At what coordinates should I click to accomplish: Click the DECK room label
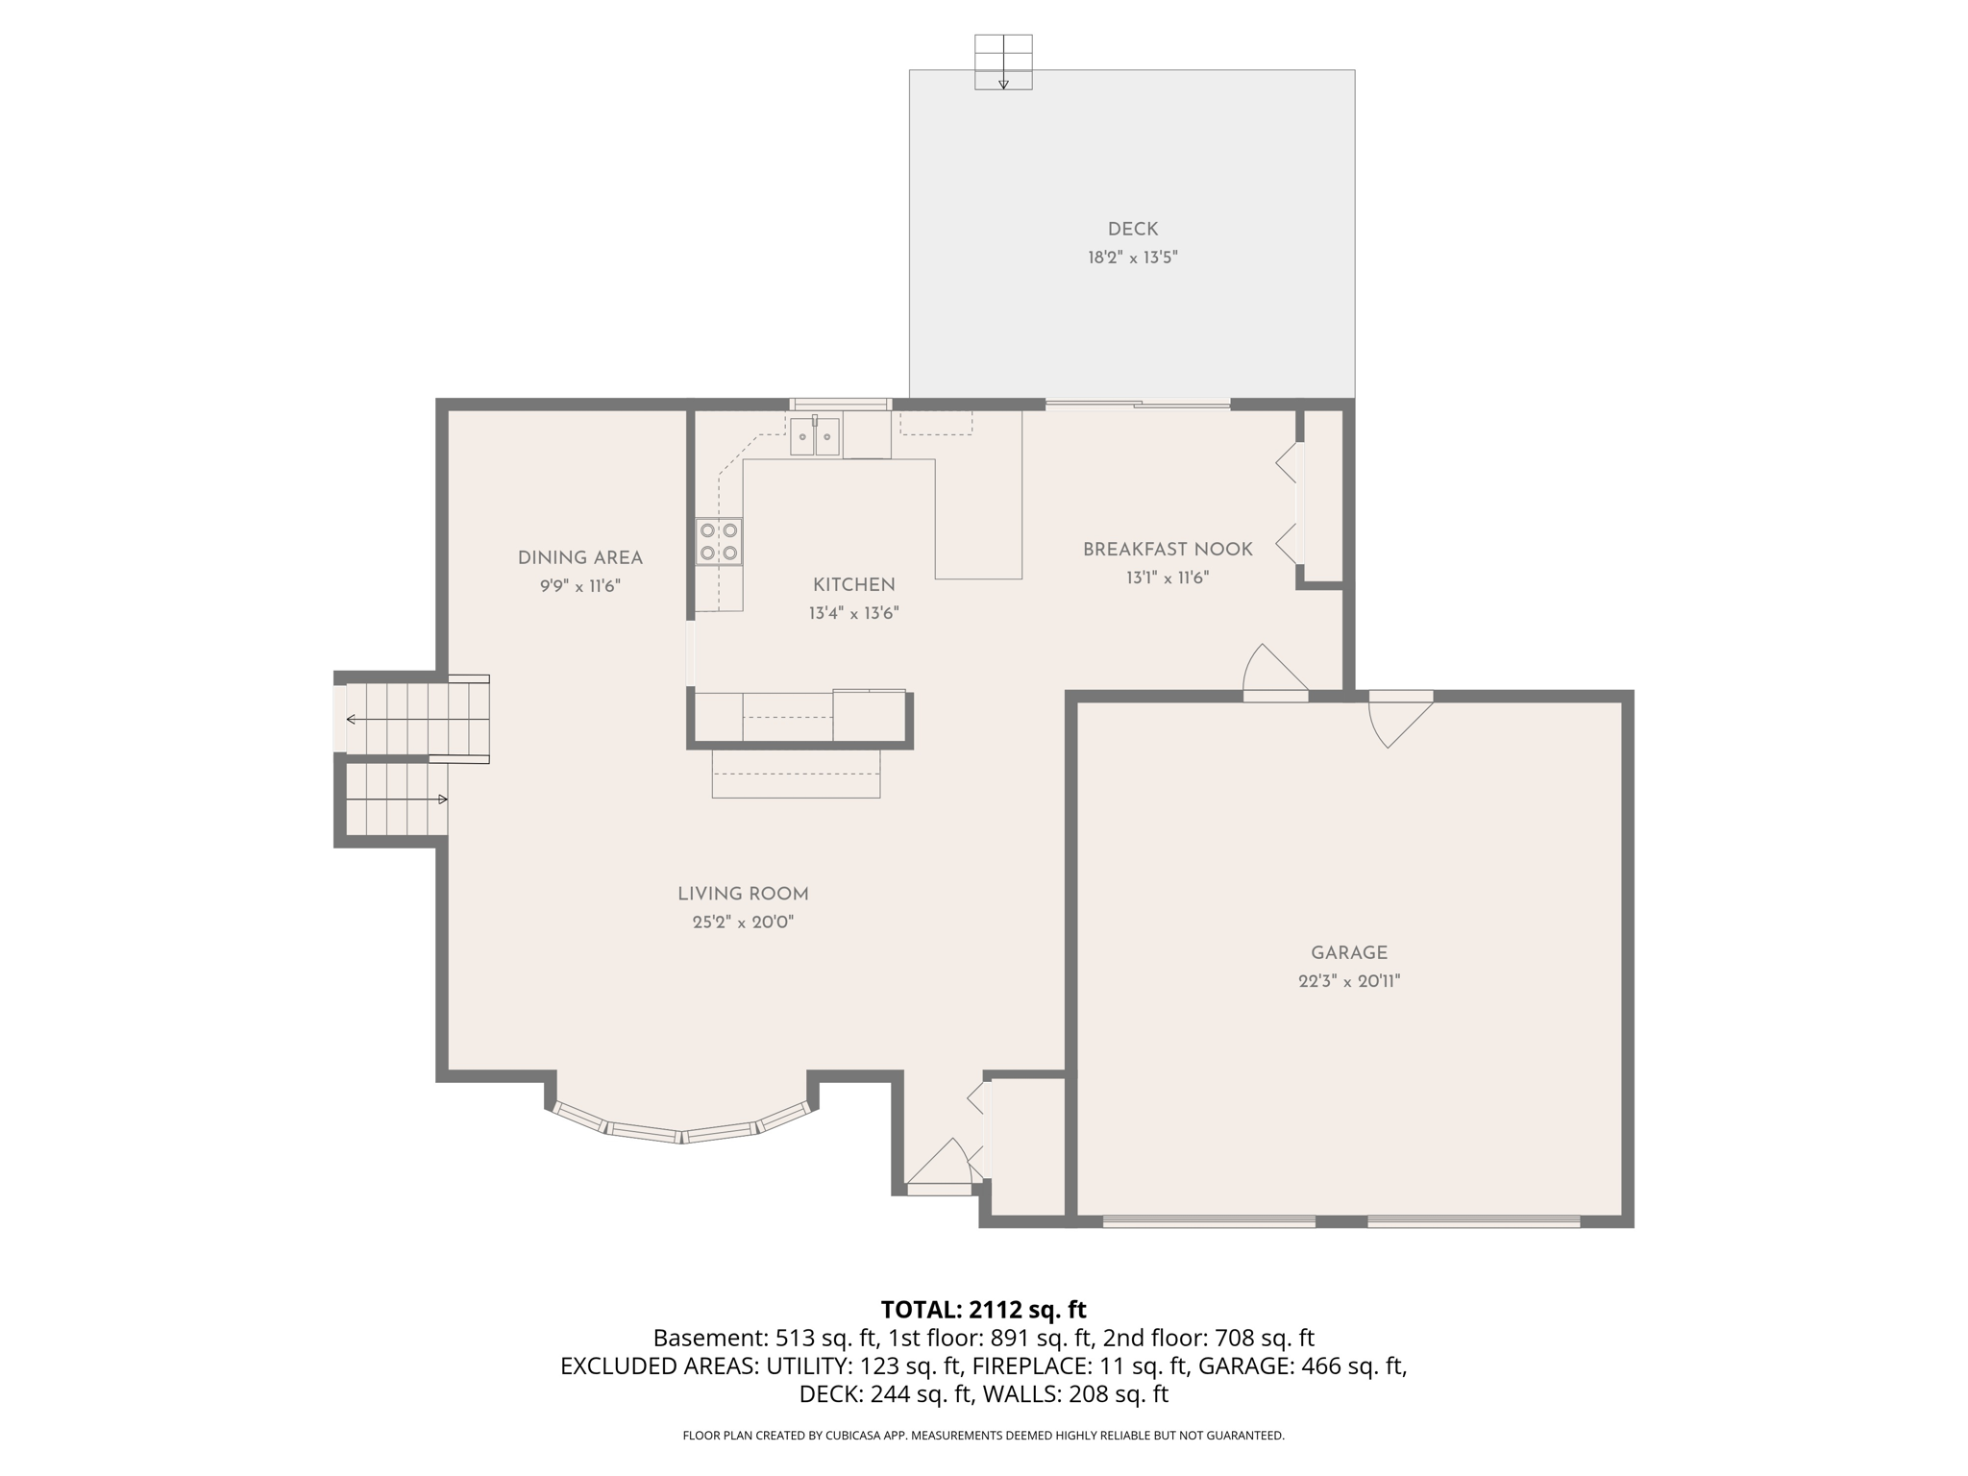(1132, 229)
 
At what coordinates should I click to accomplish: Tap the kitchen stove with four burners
(719, 541)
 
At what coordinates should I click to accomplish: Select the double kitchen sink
(814, 436)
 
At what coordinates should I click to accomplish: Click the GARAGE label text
(1348, 952)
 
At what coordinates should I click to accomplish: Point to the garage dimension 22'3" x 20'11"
(1348, 981)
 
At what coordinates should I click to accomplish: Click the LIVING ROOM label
(743, 894)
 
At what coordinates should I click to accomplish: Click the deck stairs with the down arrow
(1003, 62)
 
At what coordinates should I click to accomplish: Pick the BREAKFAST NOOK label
(1167, 550)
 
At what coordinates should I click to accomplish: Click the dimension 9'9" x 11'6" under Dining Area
(579, 586)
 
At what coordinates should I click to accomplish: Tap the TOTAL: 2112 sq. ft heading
(983, 1310)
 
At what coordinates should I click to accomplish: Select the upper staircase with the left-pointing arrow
(413, 719)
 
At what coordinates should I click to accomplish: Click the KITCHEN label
(853, 584)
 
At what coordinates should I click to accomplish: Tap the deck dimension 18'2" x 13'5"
(1132, 258)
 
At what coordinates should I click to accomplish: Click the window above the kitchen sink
(840, 404)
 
